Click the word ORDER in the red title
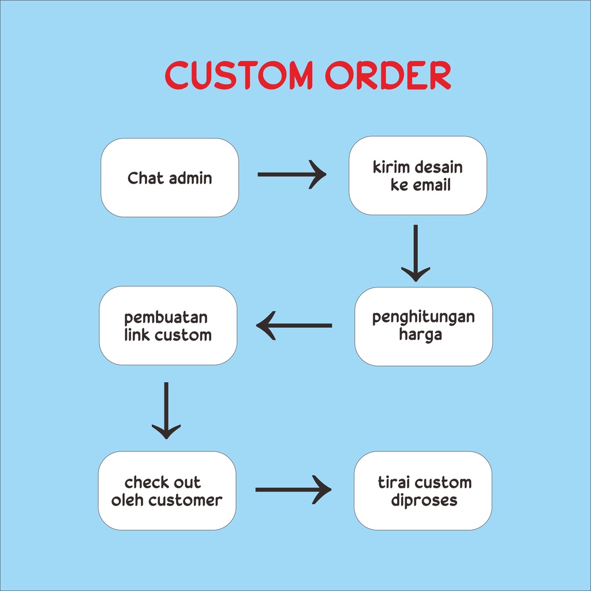pyautogui.click(x=387, y=75)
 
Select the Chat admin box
pyautogui.click(x=170, y=178)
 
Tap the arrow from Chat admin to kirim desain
pyautogui.click(x=291, y=174)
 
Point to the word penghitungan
pyautogui.click(x=424, y=317)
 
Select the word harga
pyautogui.click(x=420, y=335)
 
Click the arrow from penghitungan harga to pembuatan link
pyautogui.click(x=294, y=326)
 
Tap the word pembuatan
pyautogui.click(x=166, y=317)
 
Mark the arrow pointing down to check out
pyautogui.click(x=166, y=410)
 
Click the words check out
pyautogui.click(x=163, y=482)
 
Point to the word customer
pyautogui.click(x=185, y=500)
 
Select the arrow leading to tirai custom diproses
pyautogui.click(x=293, y=490)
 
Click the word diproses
pyautogui.click(x=424, y=500)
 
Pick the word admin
pyautogui.click(x=190, y=178)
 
